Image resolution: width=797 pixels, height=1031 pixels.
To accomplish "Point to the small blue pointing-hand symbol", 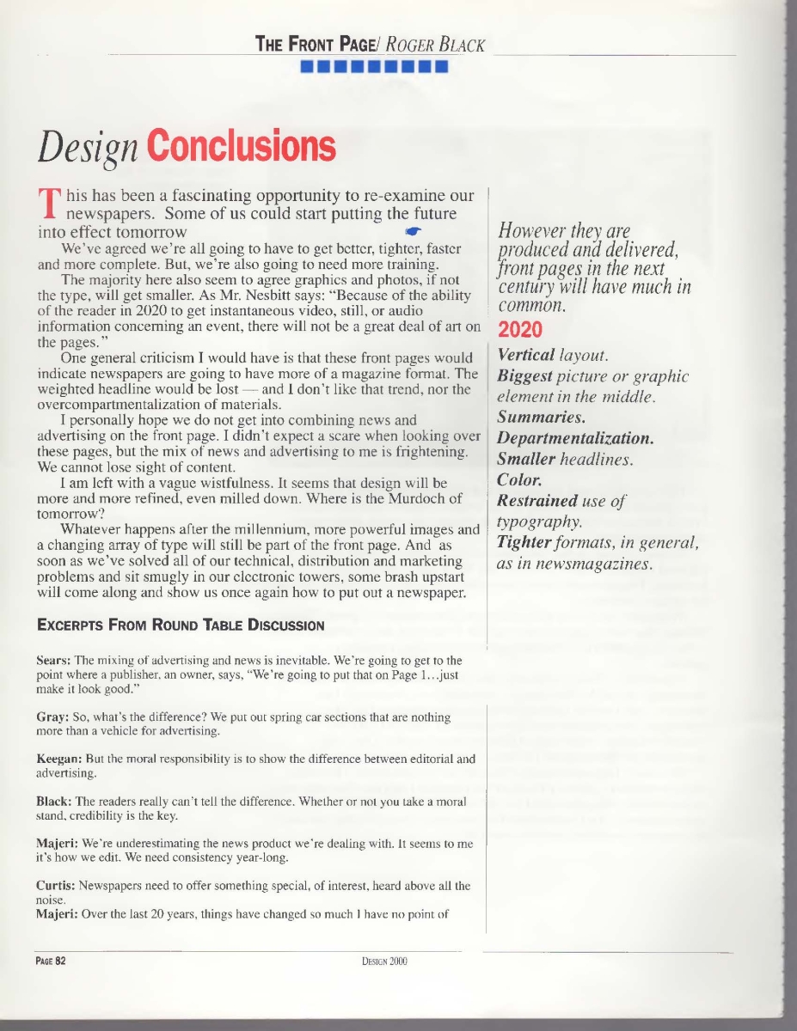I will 413,231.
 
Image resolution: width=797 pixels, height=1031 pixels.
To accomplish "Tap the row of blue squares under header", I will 373,67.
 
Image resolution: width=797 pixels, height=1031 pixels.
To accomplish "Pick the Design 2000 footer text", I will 384,961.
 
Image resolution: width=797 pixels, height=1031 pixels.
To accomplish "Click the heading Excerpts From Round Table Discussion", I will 181,625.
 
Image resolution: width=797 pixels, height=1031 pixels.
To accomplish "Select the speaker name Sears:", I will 53,660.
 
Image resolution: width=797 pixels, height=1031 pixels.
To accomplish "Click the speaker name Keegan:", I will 59,759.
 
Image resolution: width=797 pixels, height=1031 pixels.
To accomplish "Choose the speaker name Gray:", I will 52,716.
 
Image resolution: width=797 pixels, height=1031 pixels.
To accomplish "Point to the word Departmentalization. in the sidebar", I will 575,438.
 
